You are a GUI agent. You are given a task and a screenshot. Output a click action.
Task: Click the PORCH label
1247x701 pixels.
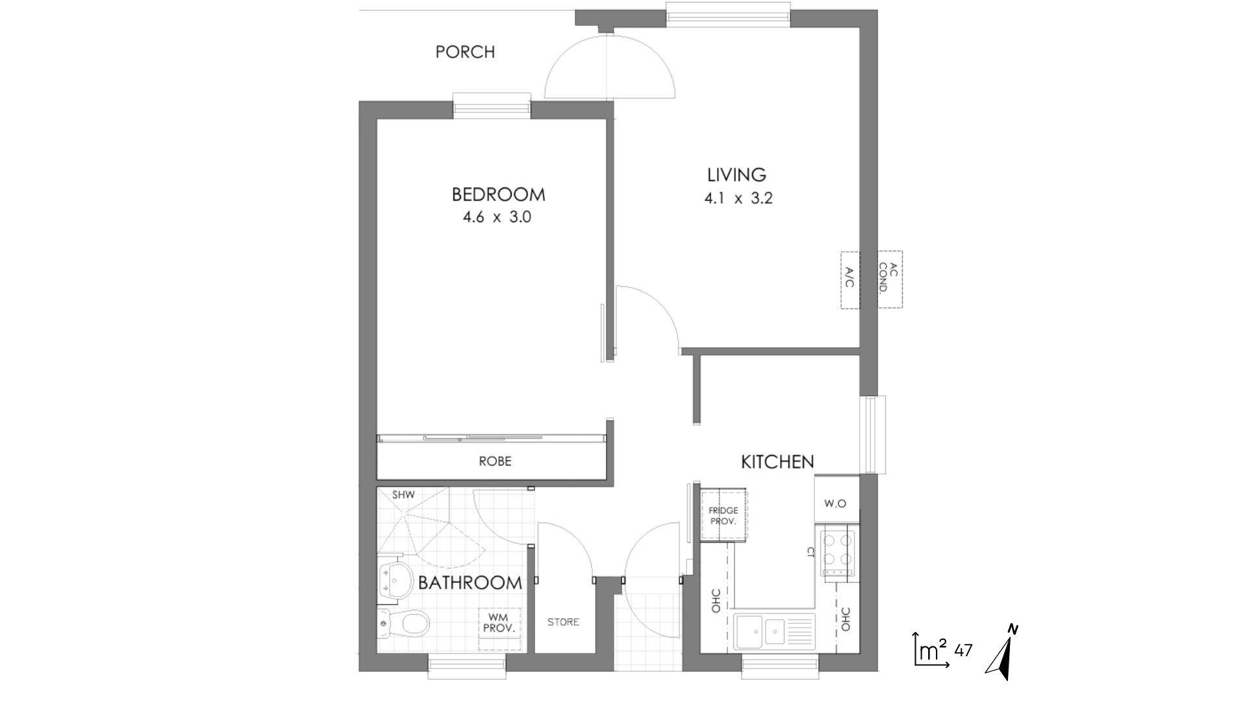[465, 52]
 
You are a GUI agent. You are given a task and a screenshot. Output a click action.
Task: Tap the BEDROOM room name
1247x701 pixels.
[498, 194]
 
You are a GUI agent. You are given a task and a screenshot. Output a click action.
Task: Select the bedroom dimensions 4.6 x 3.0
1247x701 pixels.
[497, 217]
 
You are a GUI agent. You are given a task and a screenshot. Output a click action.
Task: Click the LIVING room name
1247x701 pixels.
[737, 175]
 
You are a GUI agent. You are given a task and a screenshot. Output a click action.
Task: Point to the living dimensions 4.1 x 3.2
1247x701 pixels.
[738, 198]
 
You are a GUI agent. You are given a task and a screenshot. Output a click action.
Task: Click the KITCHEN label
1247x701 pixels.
[777, 461]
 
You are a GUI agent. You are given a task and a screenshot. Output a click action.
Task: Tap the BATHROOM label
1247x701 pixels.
[470, 582]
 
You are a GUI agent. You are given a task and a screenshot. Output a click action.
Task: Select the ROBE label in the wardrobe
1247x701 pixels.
[495, 461]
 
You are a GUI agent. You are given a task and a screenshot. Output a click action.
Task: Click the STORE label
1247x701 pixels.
[563, 622]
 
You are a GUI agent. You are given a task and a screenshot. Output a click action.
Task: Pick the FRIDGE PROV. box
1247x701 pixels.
[724, 515]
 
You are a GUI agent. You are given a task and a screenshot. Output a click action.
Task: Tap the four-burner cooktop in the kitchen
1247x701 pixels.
[838, 553]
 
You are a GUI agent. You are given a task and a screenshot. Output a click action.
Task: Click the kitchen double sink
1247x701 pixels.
[774, 631]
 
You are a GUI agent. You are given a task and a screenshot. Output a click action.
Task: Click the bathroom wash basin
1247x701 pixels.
[395, 580]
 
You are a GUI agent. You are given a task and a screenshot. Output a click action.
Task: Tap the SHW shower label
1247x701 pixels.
[403, 495]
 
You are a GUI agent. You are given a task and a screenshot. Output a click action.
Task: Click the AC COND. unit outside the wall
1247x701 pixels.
[890, 279]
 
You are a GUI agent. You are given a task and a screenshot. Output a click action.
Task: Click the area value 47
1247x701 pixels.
[964, 650]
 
